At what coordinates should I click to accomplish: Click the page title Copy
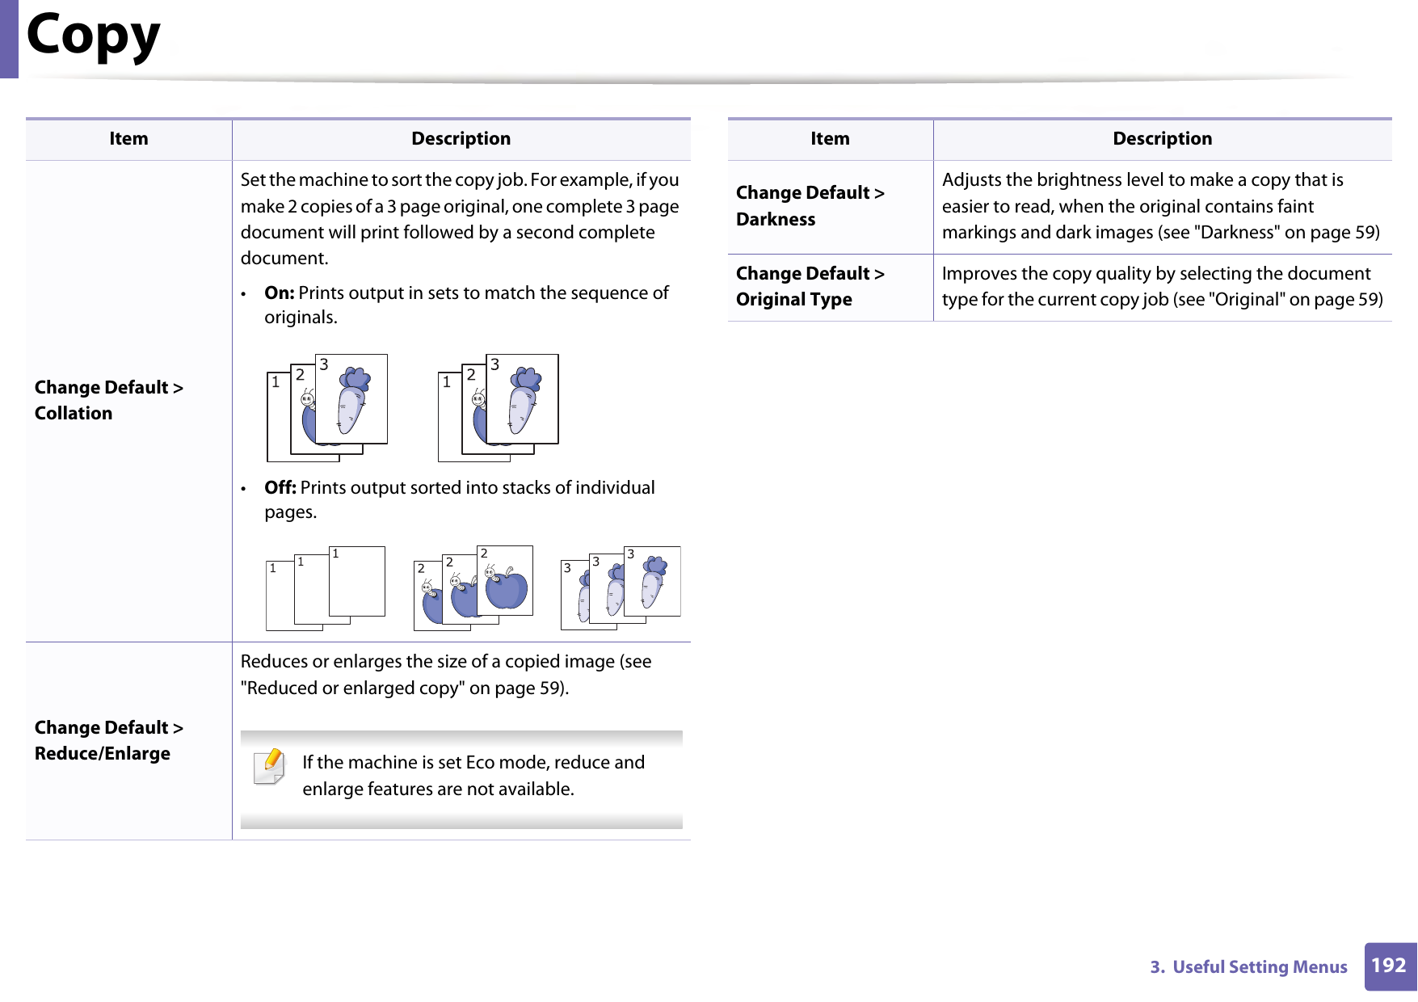(94, 36)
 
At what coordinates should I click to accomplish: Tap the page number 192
(1389, 966)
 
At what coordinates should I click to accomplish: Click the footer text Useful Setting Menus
(1260, 967)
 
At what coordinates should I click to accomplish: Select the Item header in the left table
(128, 139)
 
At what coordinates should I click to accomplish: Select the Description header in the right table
(1162, 139)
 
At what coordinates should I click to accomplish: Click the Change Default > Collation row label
(109, 400)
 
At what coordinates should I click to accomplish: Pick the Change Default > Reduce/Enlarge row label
(109, 740)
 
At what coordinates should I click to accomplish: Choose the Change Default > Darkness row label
(810, 206)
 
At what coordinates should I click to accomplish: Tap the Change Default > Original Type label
(810, 286)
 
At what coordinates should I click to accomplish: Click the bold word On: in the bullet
(279, 293)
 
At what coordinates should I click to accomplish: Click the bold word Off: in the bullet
(280, 487)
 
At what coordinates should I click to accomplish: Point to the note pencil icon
(270, 766)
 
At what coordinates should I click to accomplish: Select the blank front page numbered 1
(356, 581)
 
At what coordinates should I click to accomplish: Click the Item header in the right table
(830, 139)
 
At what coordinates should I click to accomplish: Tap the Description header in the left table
(461, 139)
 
